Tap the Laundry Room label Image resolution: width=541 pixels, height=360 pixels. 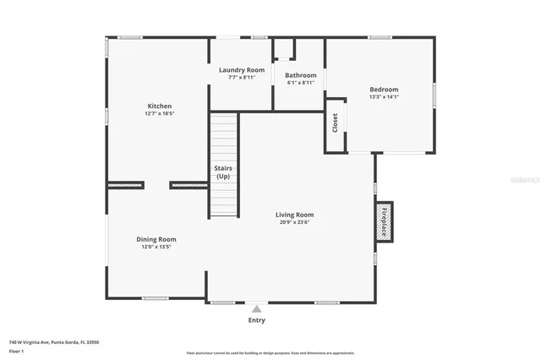242,69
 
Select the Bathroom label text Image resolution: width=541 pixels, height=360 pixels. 300,74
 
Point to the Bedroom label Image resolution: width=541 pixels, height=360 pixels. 384,89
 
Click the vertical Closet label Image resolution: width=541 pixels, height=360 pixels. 336,123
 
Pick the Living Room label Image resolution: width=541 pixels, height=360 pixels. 294,215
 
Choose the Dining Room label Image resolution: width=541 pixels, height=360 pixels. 156,239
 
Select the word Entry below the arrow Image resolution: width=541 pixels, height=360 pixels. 256,320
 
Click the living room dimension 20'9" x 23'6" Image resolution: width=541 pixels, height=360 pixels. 294,222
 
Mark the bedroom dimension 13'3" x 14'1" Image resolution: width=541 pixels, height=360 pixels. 384,96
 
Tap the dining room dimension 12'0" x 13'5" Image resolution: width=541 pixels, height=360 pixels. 156,248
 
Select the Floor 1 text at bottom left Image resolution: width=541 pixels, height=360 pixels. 17,351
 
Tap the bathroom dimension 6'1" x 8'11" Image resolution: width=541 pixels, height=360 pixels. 300,83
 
